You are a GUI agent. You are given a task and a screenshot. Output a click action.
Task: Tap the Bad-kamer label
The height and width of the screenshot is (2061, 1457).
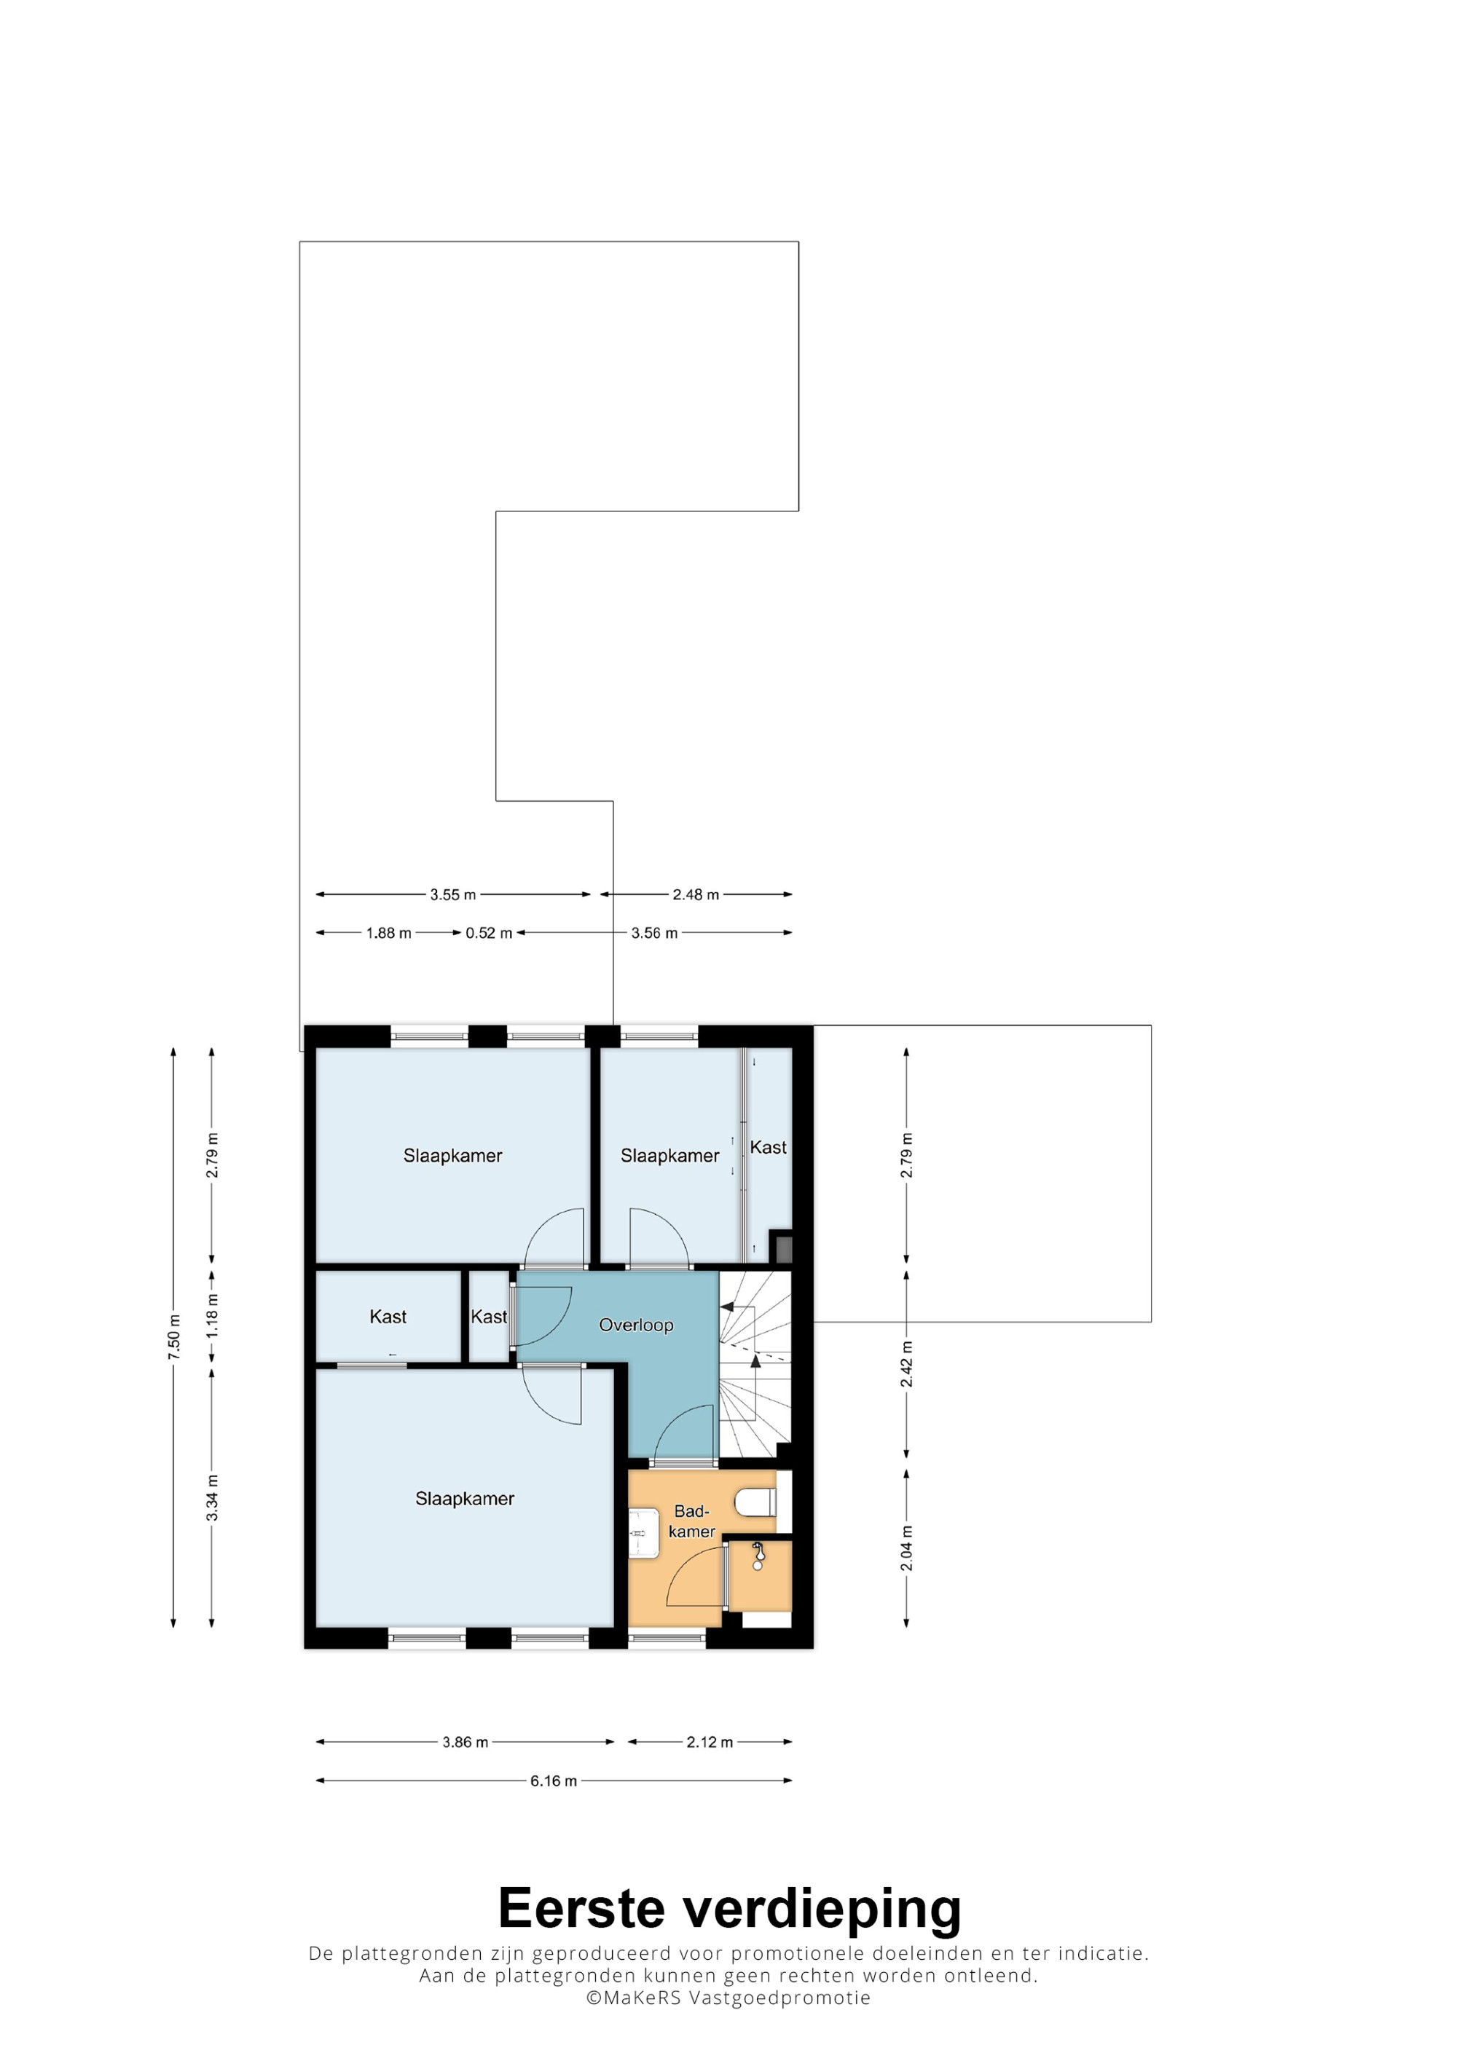click(691, 1521)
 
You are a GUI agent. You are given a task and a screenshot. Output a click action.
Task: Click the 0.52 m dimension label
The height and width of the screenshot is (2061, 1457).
click(488, 933)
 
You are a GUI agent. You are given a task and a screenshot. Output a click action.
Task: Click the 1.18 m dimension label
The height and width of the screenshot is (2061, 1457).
click(212, 1316)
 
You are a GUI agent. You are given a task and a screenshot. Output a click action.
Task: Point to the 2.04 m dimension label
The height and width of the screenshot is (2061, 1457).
click(907, 1548)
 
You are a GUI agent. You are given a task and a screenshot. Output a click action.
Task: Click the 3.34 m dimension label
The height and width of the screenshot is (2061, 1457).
click(212, 1498)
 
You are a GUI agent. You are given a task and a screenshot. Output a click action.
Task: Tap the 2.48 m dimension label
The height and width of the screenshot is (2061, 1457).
click(696, 894)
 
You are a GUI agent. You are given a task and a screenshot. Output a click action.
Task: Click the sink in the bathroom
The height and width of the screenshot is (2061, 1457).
click(642, 1534)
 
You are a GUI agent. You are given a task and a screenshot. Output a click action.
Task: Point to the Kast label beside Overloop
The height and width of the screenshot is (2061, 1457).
click(490, 1317)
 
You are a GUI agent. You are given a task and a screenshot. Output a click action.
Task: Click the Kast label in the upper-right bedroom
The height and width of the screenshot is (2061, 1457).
click(768, 1147)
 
